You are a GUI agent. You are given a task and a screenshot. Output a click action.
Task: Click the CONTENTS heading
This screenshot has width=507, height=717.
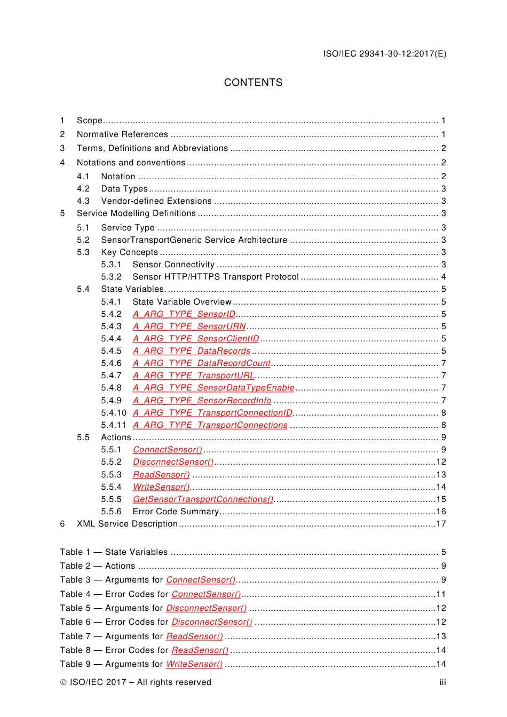coord(253,83)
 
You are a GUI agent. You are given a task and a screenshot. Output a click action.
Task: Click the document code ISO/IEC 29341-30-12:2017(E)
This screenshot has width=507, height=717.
coord(384,54)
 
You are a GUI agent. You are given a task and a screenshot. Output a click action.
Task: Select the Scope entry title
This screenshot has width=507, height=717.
coord(90,121)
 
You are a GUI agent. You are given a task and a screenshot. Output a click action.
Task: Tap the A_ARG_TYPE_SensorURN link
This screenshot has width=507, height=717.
coord(189,326)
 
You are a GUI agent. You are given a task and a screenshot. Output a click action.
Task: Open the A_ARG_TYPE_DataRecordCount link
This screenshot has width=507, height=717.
coord(202,363)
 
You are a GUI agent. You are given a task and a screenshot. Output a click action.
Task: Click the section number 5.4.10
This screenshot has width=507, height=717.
coord(114,413)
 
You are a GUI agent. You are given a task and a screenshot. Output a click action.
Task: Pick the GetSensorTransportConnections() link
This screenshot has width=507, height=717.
coord(203,499)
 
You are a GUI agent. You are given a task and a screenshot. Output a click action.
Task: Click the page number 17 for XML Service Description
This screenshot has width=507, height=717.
coord(441,524)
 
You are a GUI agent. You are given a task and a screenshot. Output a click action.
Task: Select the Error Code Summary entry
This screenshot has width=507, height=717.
coord(176,512)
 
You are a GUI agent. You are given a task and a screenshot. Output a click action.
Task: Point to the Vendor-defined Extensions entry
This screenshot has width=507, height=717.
coord(156,201)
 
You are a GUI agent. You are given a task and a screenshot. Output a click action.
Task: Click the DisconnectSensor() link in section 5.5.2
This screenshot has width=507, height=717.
coord(173,462)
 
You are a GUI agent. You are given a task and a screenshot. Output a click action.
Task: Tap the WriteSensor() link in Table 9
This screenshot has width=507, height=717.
coord(194,664)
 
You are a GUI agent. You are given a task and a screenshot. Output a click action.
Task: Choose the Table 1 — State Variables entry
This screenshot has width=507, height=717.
coord(114,552)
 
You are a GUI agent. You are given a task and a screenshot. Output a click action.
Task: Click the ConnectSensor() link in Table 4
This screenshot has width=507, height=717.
coord(206,594)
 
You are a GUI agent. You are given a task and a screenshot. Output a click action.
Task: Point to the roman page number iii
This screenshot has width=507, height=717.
coord(442,682)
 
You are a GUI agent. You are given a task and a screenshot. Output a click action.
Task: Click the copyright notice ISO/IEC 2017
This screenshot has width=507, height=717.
coord(136,682)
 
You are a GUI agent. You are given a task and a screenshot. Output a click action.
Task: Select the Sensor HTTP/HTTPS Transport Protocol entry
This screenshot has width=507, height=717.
coord(216,277)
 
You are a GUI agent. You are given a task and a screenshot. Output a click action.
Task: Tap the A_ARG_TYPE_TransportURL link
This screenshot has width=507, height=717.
coord(193,376)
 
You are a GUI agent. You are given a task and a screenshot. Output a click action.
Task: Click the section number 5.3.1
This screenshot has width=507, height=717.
coord(111,265)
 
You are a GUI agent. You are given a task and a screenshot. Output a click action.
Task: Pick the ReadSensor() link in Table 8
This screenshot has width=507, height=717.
coord(200,650)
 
